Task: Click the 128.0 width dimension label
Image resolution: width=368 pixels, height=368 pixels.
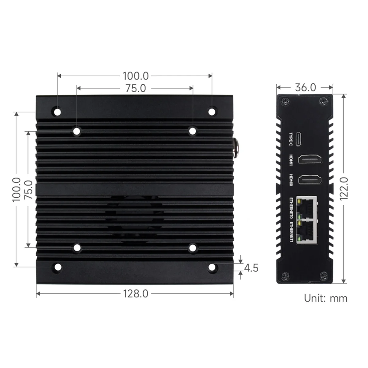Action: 136,294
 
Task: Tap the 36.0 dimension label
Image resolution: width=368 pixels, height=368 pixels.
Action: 305,87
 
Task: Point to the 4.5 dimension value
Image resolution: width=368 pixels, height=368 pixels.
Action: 251,268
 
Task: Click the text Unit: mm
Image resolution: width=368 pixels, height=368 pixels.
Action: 326,298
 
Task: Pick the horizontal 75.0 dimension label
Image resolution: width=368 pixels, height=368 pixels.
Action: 135,88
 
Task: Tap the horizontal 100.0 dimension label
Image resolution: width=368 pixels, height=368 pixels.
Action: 136,76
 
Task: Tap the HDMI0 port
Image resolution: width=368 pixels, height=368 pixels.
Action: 310,179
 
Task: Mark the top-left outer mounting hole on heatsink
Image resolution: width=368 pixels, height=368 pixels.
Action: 57,112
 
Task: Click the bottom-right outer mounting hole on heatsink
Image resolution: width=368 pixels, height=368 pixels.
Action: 212,268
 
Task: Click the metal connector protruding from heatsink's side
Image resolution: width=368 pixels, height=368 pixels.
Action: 236,148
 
